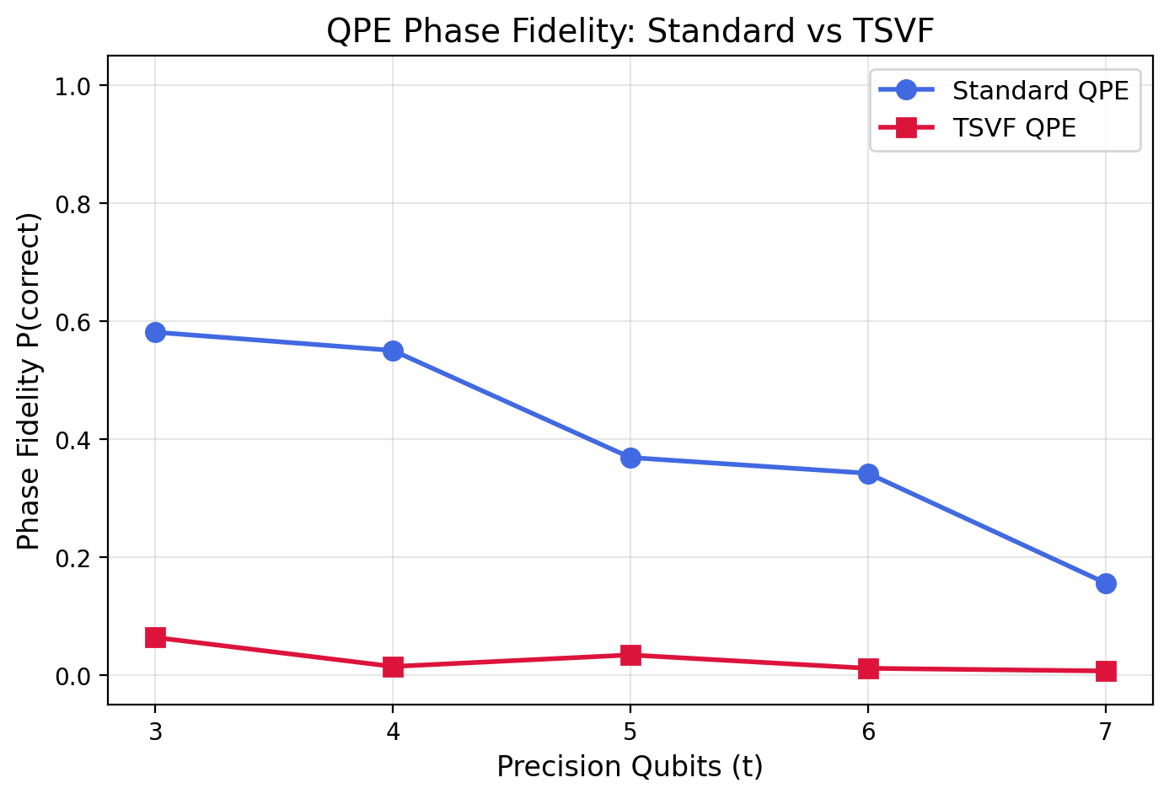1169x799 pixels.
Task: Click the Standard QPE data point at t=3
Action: (155, 332)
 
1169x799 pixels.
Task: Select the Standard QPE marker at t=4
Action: (393, 351)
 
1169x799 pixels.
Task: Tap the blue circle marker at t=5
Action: (630, 458)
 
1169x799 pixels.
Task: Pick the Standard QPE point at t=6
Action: (868, 474)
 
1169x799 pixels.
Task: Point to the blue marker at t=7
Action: (1106, 583)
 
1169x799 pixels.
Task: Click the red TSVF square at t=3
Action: (155, 637)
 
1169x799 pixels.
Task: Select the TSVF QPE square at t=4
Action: (393, 667)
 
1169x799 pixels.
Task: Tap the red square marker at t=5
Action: (630, 655)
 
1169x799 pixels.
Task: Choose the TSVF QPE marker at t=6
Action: (868, 668)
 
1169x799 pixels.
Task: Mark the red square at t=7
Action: (1106, 671)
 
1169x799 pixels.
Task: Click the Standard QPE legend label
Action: (1040, 90)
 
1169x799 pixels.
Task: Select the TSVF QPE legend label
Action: (1014, 128)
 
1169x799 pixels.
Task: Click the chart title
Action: (630, 31)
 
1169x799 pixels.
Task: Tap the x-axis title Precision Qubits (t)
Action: (630, 767)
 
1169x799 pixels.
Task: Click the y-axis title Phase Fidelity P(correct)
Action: (29, 380)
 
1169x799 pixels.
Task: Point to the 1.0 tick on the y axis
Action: (77, 86)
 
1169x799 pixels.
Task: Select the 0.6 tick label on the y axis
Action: (77, 322)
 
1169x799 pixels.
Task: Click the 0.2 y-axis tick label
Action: (77, 558)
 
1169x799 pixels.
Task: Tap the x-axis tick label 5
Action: (630, 730)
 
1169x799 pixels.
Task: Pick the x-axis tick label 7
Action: (1106, 730)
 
